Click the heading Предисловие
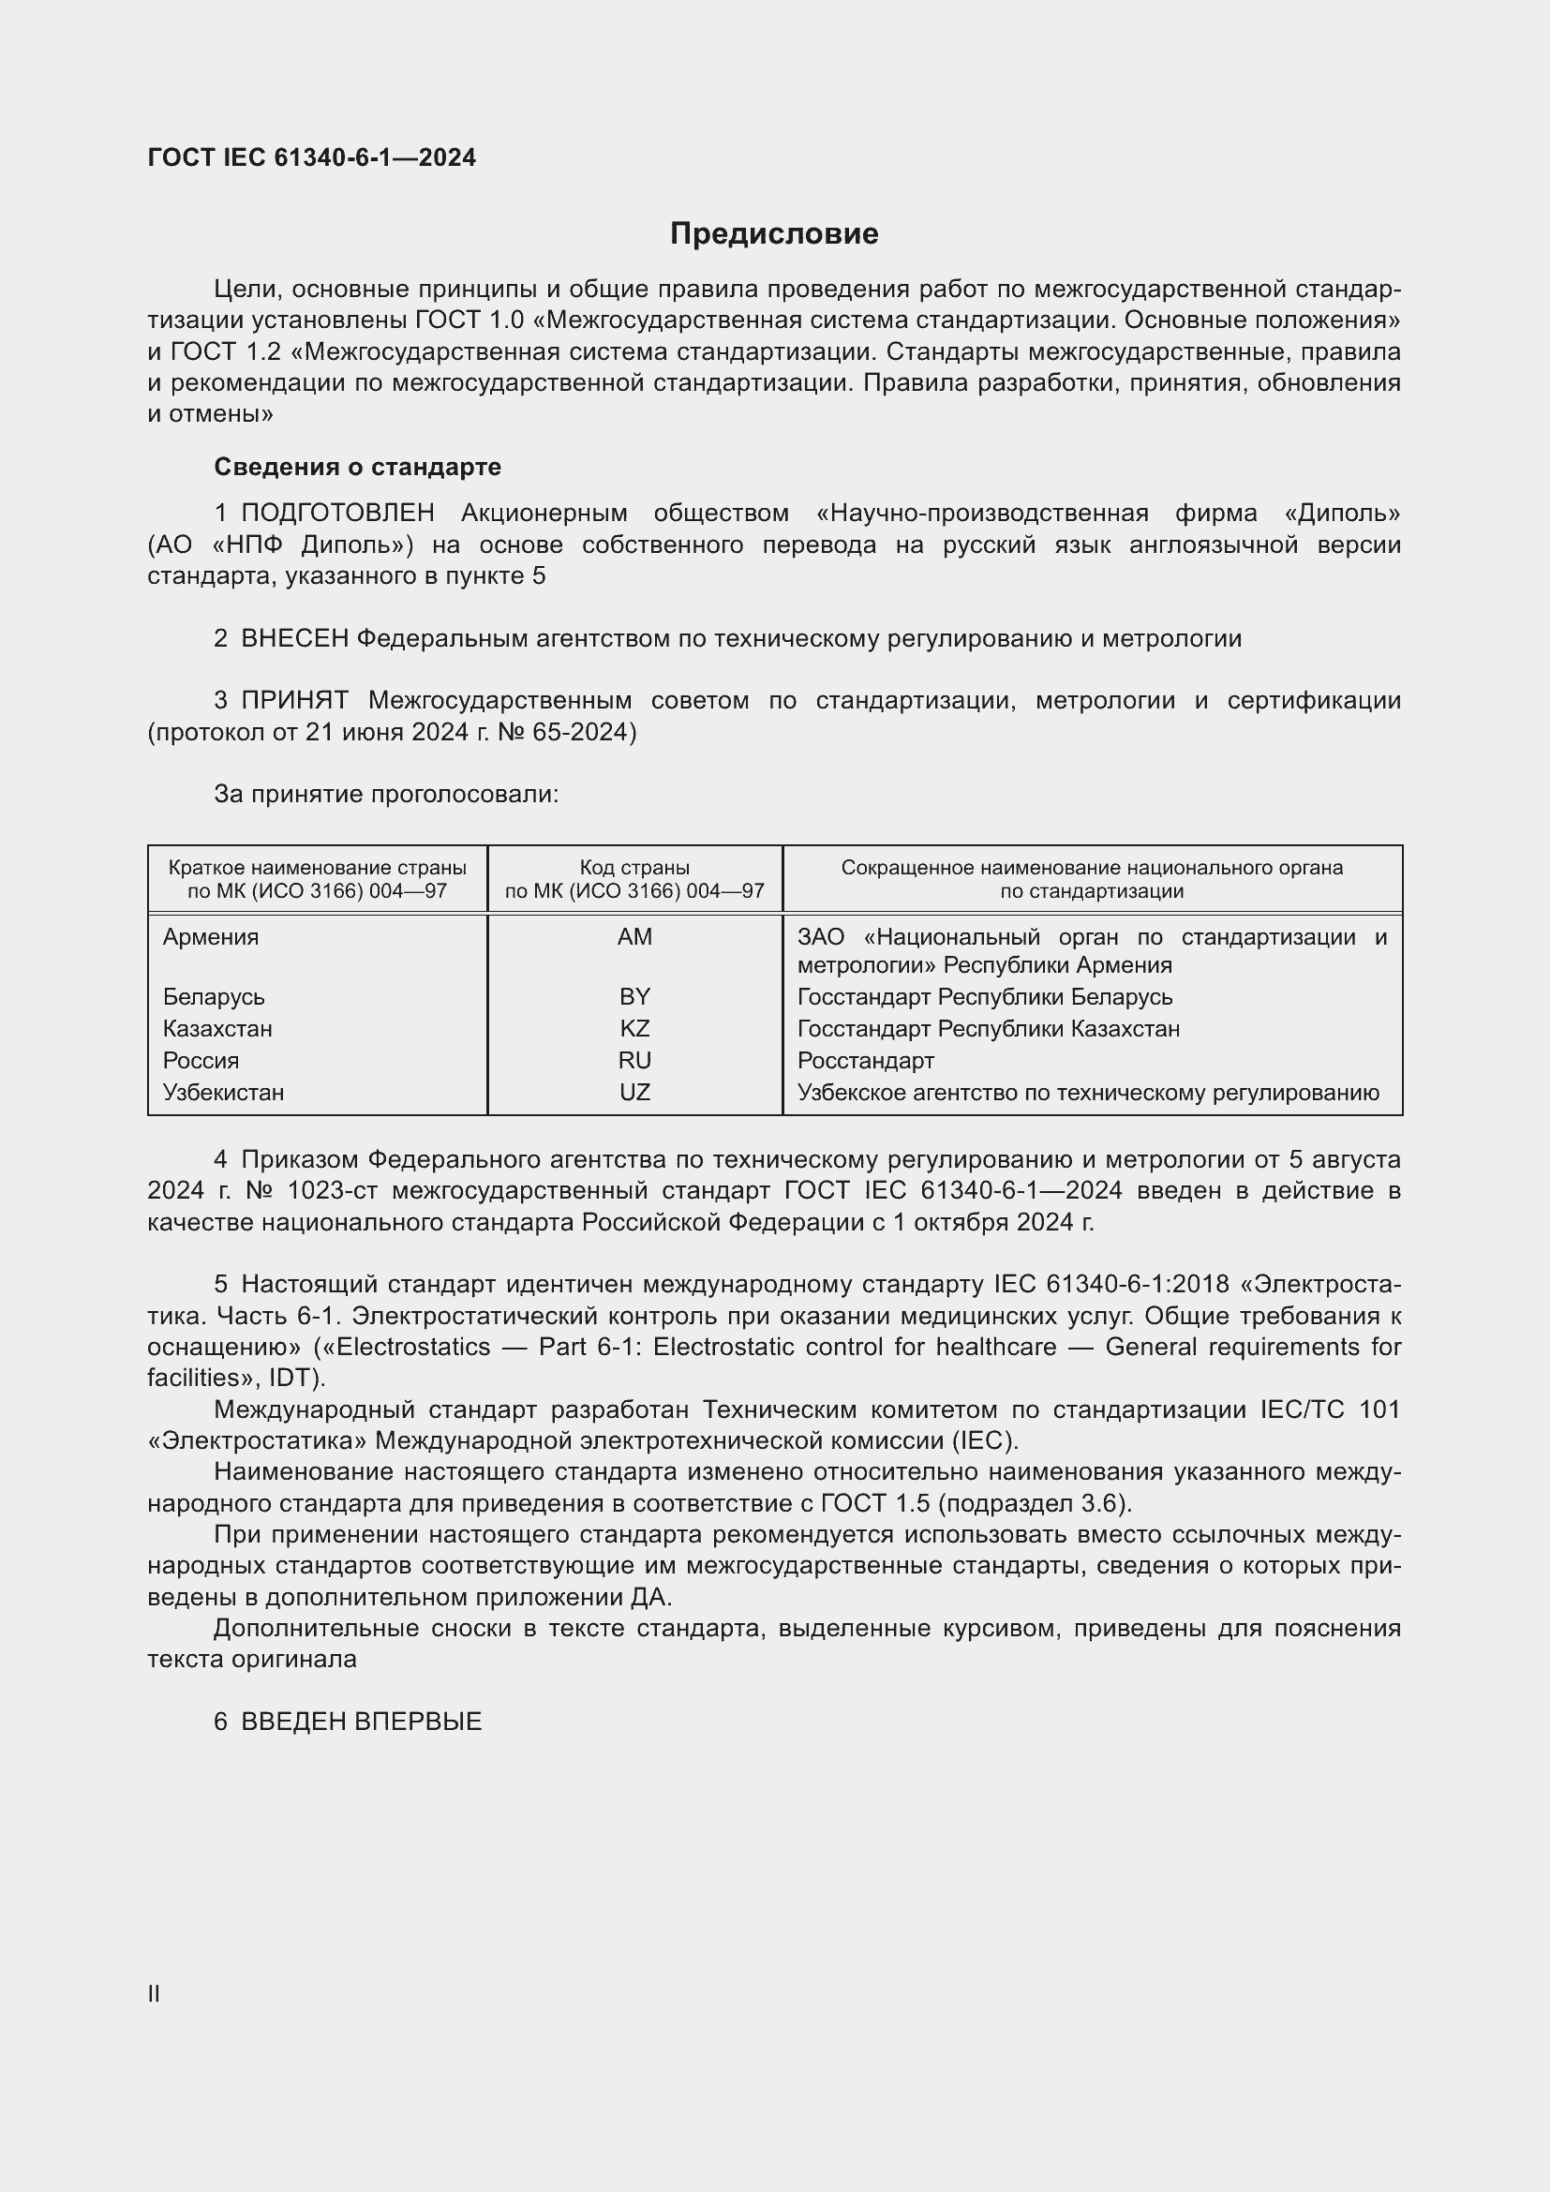pyautogui.click(x=774, y=234)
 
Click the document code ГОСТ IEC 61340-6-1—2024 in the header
pyautogui.click(x=311, y=157)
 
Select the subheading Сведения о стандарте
pyautogui.click(x=357, y=467)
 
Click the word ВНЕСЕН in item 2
pyautogui.click(x=295, y=639)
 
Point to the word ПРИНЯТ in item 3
pyautogui.click(x=295, y=701)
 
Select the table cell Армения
pyautogui.click(x=211, y=936)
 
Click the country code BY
pyautogui.click(x=634, y=997)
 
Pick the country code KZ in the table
pyautogui.click(x=634, y=1028)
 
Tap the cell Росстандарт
pyautogui.click(x=866, y=1061)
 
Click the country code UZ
pyautogui.click(x=634, y=1092)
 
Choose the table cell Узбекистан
pyautogui.click(x=223, y=1092)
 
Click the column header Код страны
pyautogui.click(x=634, y=868)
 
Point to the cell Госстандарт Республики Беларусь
pyautogui.click(x=985, y=997)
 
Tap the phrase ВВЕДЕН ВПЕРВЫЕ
pyautogui.click(x=361, y=1722)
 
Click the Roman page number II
pyautogui.click(x=154, y=1993)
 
